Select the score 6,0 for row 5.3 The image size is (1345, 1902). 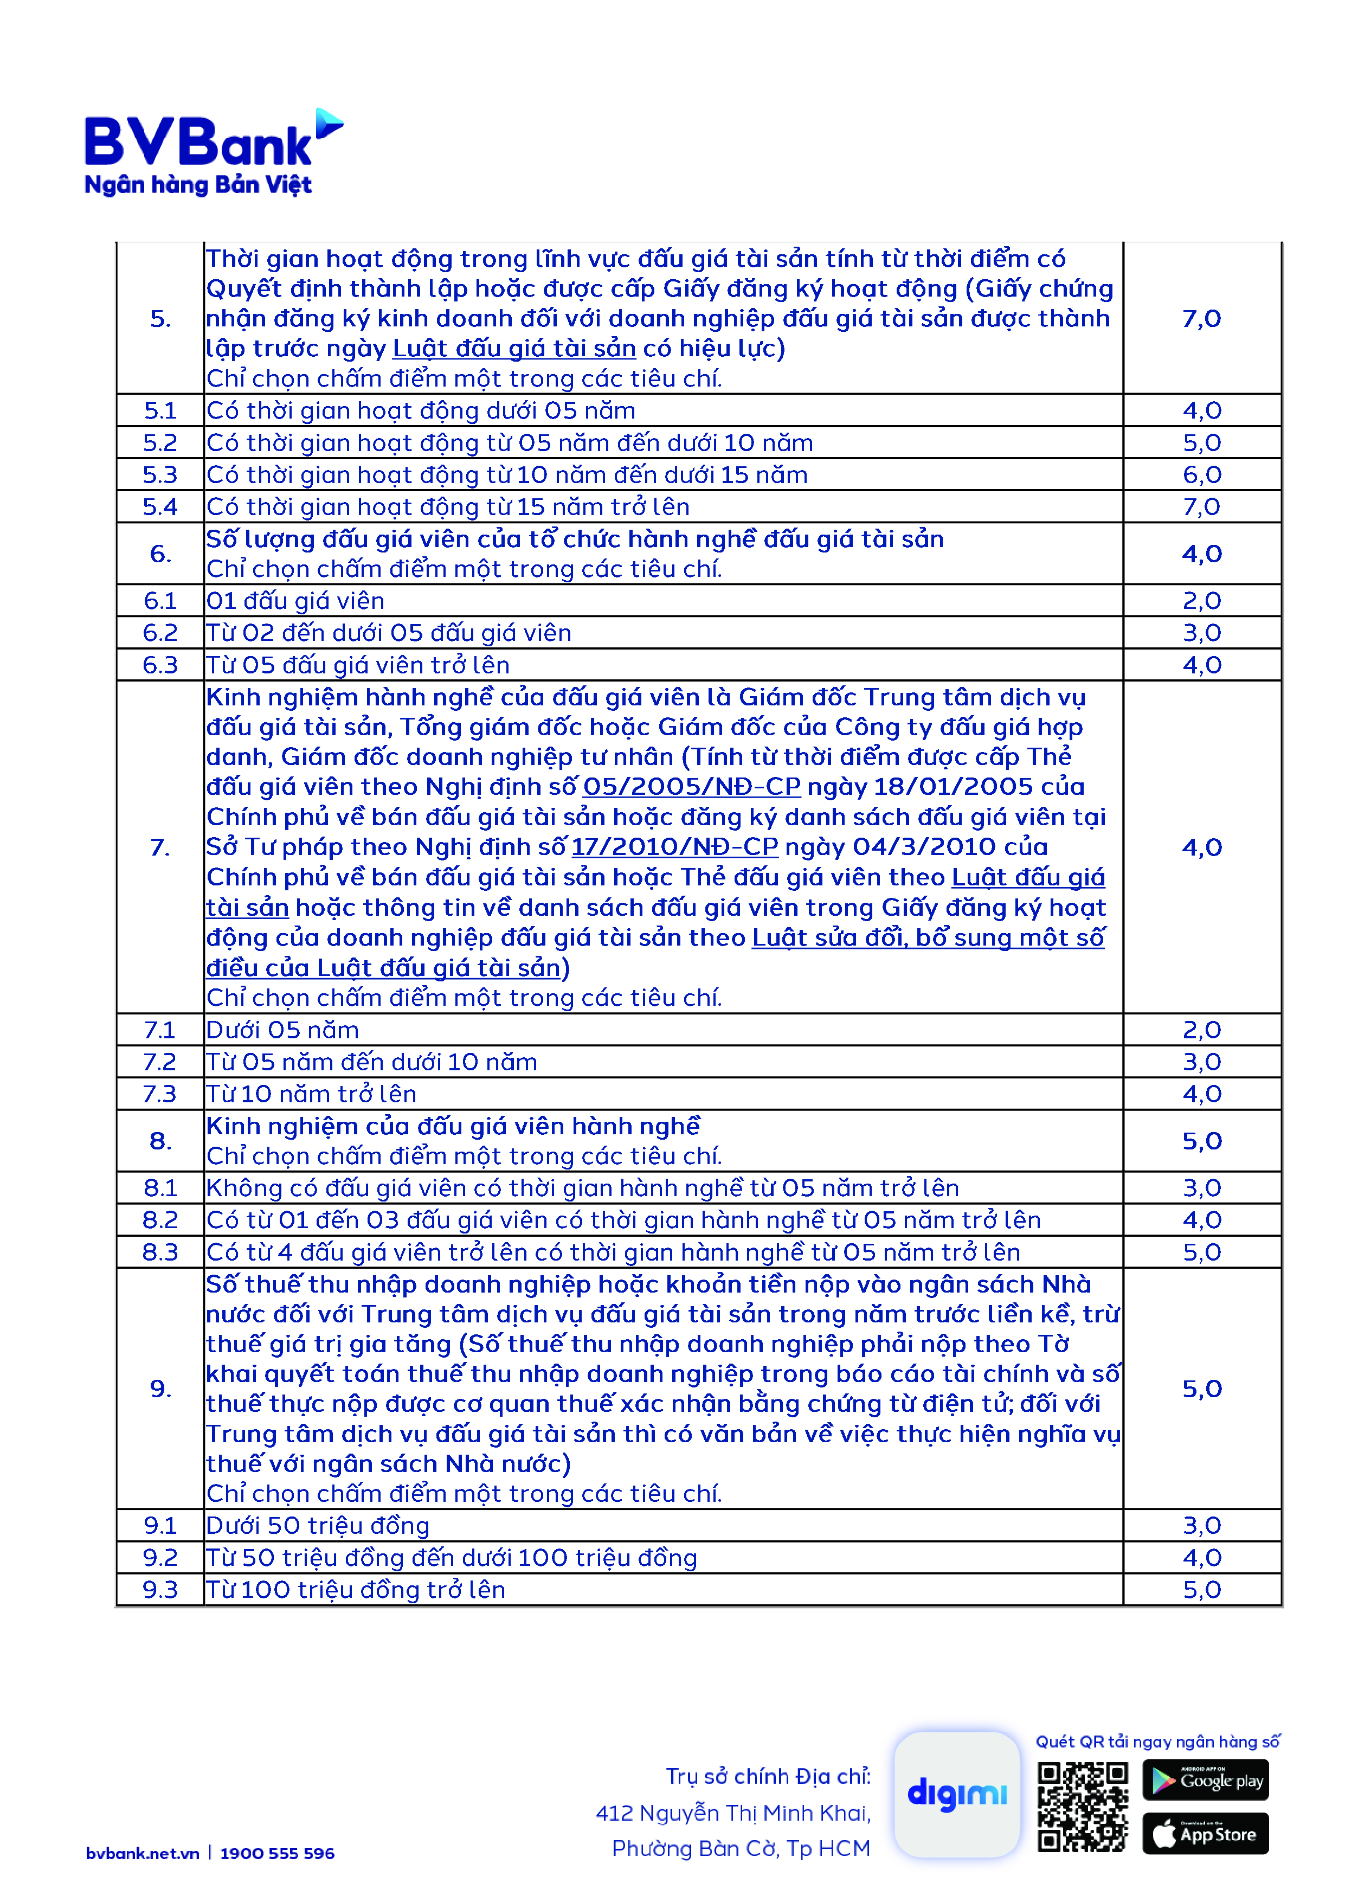[1201, 474]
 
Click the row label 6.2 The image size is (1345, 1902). [160, 633]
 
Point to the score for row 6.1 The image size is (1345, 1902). [1201, 601]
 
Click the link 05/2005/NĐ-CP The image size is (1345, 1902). [692, 786]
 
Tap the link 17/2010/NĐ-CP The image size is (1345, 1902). [674, 846]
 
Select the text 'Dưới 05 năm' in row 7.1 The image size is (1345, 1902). [282, 1030]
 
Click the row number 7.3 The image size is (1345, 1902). [160, 1094]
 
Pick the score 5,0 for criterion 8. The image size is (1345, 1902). [1201, 1141]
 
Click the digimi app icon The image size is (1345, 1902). [957, 1794]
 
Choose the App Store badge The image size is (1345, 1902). [1205, 1834]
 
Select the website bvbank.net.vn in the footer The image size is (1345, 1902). [143, 1853]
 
